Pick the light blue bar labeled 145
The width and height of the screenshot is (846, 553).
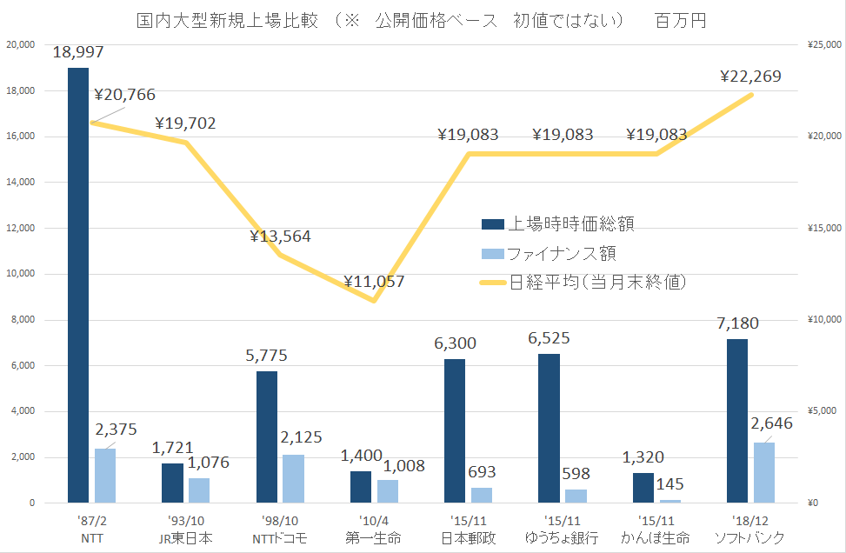[670, 501]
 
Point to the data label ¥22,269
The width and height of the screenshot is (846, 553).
[751, 77]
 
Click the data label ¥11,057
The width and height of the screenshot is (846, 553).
[374, 282]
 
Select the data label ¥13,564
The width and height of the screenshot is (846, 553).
[280, 237]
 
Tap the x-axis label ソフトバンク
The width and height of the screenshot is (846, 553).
[750, 538]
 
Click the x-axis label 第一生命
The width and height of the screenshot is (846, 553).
[373, 538]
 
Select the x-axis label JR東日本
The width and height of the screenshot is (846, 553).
[185, 538]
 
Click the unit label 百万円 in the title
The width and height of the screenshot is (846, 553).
[681, 20]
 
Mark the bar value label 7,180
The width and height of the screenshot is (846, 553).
[736, 323]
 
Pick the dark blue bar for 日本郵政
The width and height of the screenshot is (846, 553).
[455, 430]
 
